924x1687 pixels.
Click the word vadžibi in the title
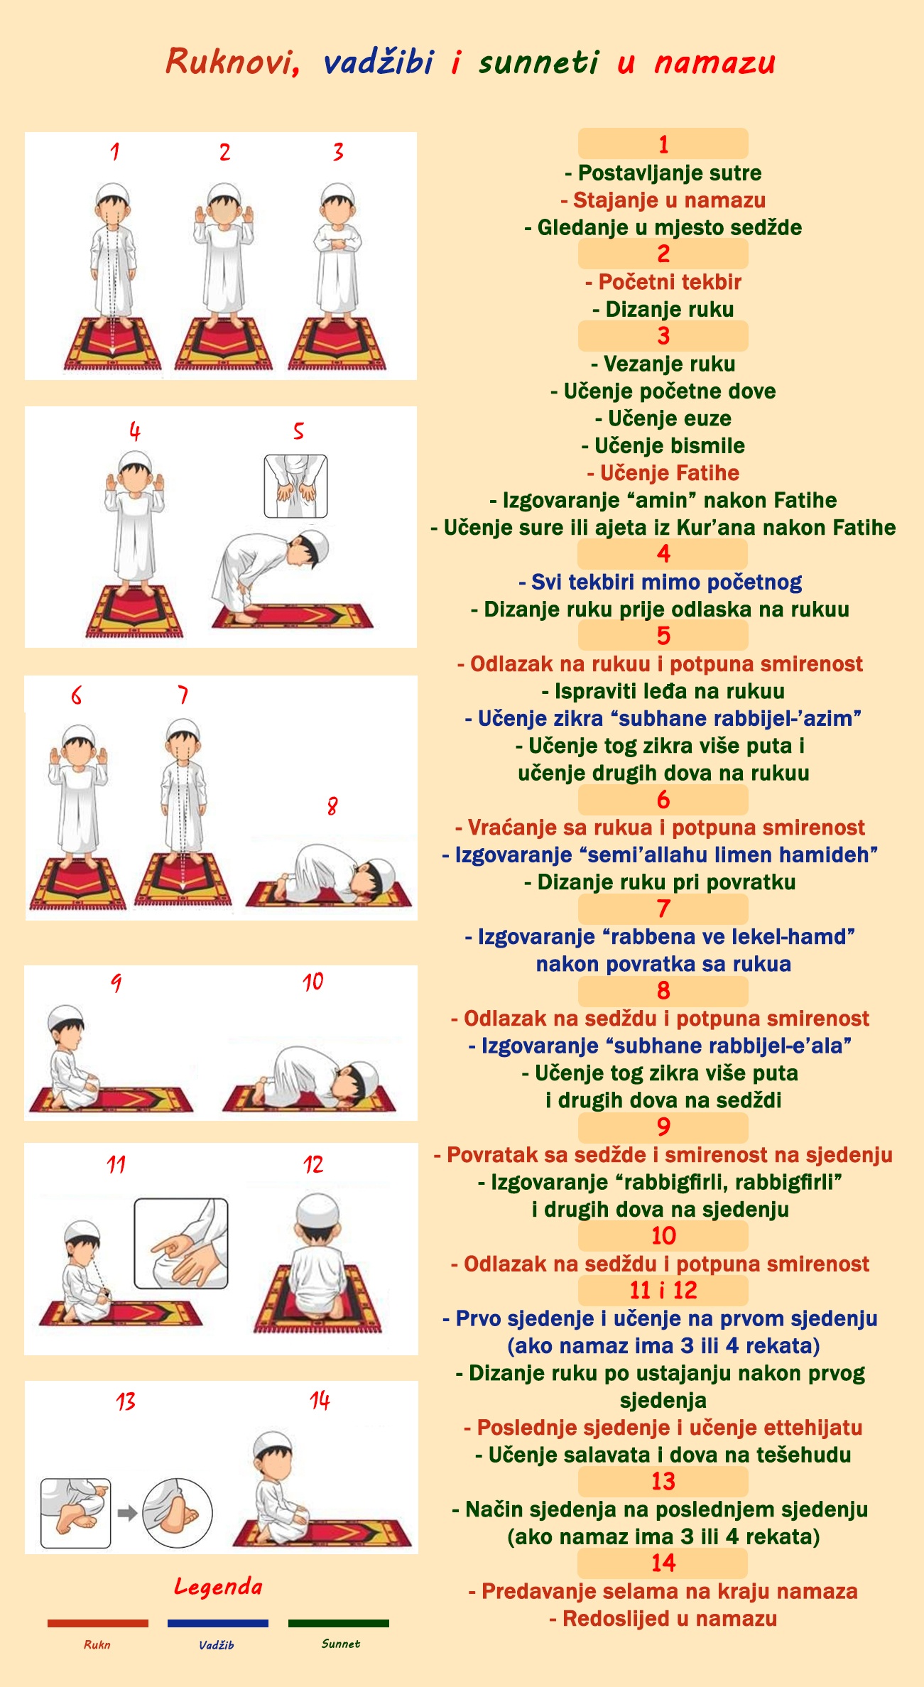378,62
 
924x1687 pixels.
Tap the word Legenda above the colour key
218,1586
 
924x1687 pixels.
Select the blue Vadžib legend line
217,1623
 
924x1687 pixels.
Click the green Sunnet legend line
338,1623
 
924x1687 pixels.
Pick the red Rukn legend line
97,1623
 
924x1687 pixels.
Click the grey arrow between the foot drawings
127,1513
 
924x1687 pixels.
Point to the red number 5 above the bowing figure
298,430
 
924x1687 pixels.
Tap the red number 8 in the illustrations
332,806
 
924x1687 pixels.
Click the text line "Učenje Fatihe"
663,473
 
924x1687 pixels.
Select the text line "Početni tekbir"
663,282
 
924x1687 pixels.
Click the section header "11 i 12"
663,1290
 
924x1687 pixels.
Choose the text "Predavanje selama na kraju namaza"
663,1591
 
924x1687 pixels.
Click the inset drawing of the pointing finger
181,1244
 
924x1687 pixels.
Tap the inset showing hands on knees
295,487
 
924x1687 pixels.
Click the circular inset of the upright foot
178,1513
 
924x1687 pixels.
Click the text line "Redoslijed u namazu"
663,1619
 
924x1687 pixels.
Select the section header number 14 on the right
663,1563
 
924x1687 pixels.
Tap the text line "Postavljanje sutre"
663,173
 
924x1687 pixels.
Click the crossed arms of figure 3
338,244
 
